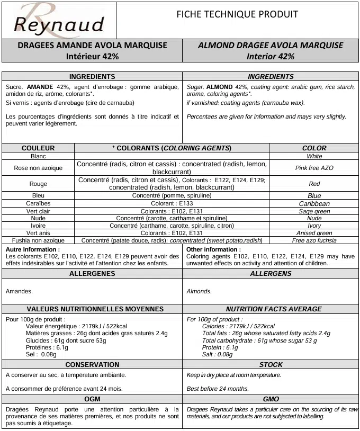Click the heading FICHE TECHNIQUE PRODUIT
point(237,14)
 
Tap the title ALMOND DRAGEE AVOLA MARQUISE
point(271,46)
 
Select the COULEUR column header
point(38,148)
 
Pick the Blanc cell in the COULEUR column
point(38,156)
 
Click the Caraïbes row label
point(38,203)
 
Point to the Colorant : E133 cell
point(172,203)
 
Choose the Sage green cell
point(314,211)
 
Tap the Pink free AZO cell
point(314,168)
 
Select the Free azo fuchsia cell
point(314,240)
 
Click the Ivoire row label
point(38,226)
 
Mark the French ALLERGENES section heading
point(92,274)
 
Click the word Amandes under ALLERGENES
point(19,291)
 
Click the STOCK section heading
point(271,365)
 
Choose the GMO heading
point(271,399)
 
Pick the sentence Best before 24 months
point(218,389)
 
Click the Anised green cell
point(314,233)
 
